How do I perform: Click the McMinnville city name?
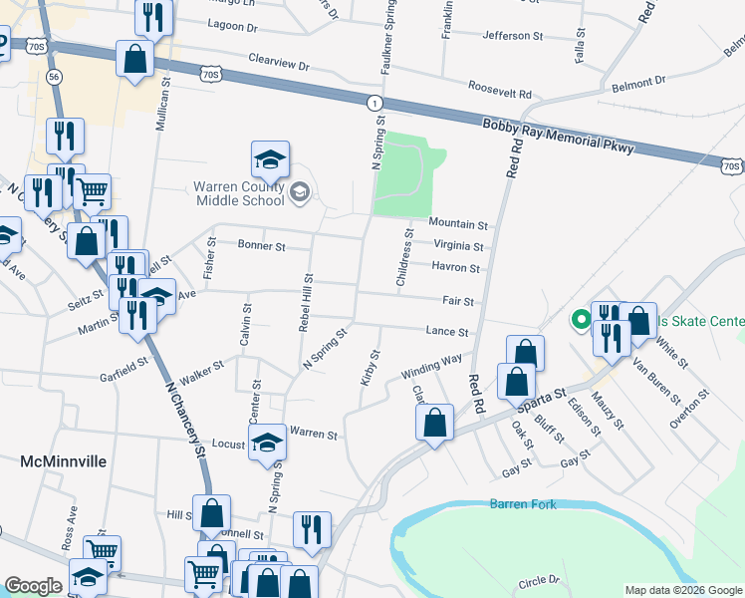(x=64, y=461)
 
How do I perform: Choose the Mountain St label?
(x=458, y=225)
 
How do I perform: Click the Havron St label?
(x=456, y=268)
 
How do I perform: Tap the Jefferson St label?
(x=512, y=36)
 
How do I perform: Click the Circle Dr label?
(x=539, y=580)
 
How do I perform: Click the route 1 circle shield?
(x=372, y=103)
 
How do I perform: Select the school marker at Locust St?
(x=267, y=443)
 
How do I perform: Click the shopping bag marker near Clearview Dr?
(x=133, y=59)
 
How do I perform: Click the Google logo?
(x=33, y=586)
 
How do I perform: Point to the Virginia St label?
(x=458, y=246)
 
